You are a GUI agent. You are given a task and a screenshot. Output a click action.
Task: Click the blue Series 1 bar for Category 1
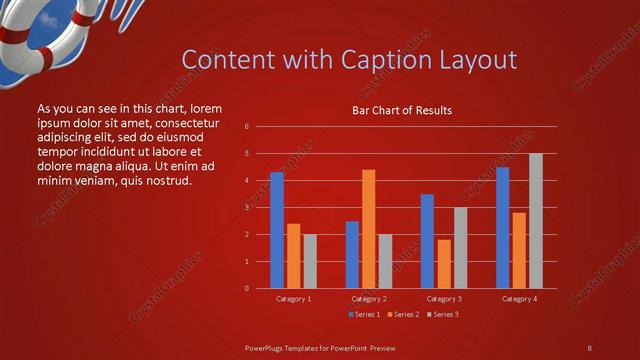(277, 230)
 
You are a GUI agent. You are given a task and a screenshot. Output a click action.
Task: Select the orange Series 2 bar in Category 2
(369, 229)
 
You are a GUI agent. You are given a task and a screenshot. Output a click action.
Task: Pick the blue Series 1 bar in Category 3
(427, 241)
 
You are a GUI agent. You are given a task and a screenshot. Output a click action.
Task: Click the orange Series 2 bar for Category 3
(444, 264)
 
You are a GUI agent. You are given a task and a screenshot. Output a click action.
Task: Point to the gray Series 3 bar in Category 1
(310, 261)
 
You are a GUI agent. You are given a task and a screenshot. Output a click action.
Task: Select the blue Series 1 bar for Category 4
(502, 227)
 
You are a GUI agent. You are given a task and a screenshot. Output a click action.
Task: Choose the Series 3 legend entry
(444, 315)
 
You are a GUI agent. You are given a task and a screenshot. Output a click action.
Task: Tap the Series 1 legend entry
(365, 315)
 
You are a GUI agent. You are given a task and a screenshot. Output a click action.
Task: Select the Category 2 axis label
(369, 299)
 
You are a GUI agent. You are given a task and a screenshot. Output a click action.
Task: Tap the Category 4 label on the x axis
(519, 299)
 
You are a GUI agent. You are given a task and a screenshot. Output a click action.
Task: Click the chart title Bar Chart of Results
(401, 110)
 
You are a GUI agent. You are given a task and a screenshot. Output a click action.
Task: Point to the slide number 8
(589, 347)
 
